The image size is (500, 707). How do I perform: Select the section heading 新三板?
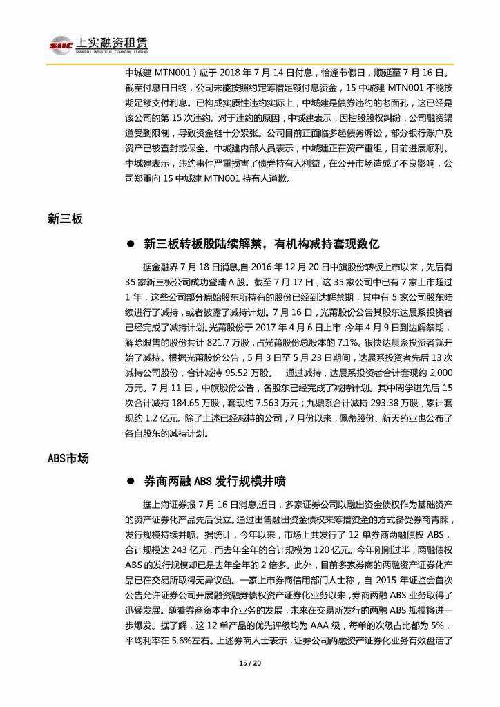(x=66, y=219)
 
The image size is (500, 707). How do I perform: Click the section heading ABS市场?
(x=68, y=458)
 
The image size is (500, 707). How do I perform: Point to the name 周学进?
(x=407, y=389)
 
